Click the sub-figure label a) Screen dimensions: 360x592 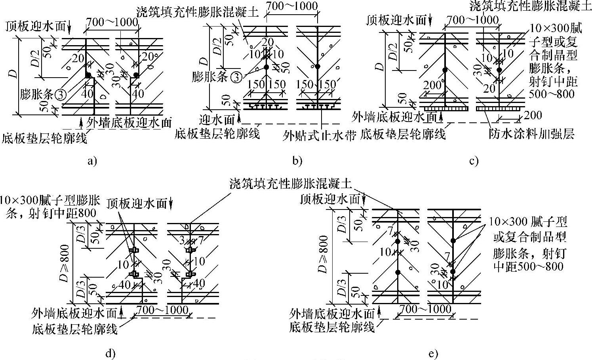92,161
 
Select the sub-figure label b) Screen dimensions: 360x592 297,161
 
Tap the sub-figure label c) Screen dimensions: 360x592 474,161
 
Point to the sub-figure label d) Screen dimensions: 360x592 110,354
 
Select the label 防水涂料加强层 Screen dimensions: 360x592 531,134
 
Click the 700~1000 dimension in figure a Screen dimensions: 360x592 112,23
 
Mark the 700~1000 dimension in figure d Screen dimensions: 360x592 162,310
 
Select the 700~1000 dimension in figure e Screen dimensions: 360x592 425,309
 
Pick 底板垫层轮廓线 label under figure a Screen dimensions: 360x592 44,138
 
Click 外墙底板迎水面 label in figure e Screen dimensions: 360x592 332,314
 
